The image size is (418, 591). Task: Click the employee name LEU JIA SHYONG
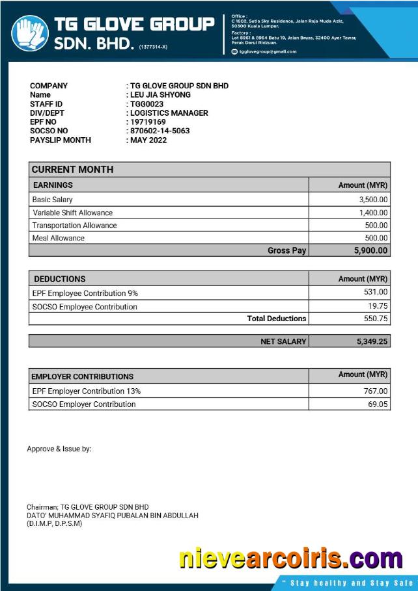pyautogui.click(x=160, y=95)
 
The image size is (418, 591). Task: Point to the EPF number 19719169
pyautogui.click(x=148, y=122)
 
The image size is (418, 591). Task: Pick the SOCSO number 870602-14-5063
pyautogui.click(x=160, y=131)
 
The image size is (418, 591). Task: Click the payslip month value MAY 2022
pyautogui.click(x=148, y=140)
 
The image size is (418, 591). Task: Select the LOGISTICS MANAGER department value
pyautogui.click(x=169, y=113)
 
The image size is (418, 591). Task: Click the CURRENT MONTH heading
pyautogui.click(x=72, y=170)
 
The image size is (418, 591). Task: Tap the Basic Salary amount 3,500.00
pyautogui.click(x=373, y=200)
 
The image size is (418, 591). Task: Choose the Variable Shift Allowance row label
pyautogui.click(x=73, y=213)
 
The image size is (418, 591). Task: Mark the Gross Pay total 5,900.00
pyautogui.click(x=370, y=250)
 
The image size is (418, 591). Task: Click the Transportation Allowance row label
pyautogui.click(x=75, y=226)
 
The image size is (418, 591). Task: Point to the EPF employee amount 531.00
pyautogui.click(x=376, y=293)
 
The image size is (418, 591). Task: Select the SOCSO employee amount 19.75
pyautogui.click(x=378, y=306)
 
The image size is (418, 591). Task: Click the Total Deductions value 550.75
pyautogui.click(x=376, y=319)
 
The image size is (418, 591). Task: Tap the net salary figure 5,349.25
pyautogui.click(x=372, y=341)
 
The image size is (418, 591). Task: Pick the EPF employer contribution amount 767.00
pyautogui.click(x=376, y=391)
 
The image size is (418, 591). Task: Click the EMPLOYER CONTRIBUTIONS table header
pyautogui.click(x=83, y=376)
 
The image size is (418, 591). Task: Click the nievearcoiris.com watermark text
pyautogui.click(x=290, y=558)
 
